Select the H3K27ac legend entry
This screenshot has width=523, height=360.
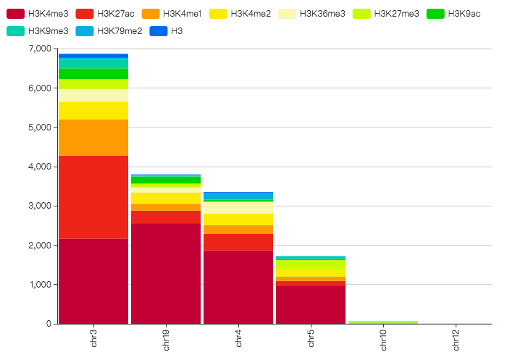click(116, 14)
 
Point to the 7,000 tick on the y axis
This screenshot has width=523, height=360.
click(39, 49)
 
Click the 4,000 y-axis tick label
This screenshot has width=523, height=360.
click(39, 167)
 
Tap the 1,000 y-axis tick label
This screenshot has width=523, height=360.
click(39, 285)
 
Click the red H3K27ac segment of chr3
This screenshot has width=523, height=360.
click(93, 197)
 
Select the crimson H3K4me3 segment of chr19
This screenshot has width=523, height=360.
click(166, 273)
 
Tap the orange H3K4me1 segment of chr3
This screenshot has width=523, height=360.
click(93, 138)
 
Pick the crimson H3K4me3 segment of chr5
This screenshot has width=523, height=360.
click(311, 304)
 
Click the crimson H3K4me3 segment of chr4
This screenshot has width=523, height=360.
click(238, 287)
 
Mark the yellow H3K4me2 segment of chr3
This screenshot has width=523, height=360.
click(93, 111)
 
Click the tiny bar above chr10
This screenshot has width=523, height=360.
click(383, 322)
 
